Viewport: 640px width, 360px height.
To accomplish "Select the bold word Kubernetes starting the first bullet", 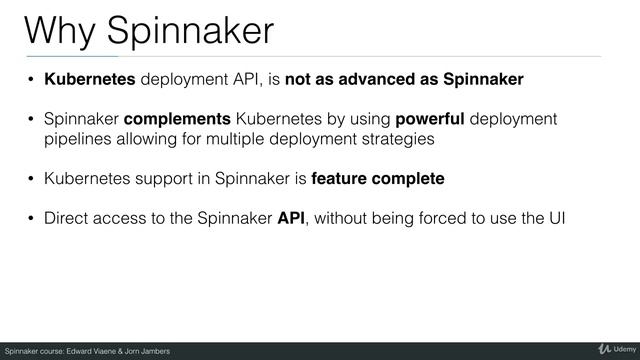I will click(87, 78).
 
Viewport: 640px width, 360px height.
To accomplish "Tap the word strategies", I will click(397, 139).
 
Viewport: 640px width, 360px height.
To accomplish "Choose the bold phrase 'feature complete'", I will click(378, 179).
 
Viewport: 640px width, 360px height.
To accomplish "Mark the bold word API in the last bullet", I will click(291, 220).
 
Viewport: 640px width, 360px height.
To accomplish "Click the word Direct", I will click(67, 220).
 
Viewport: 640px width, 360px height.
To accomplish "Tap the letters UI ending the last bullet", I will click(554, 220).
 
